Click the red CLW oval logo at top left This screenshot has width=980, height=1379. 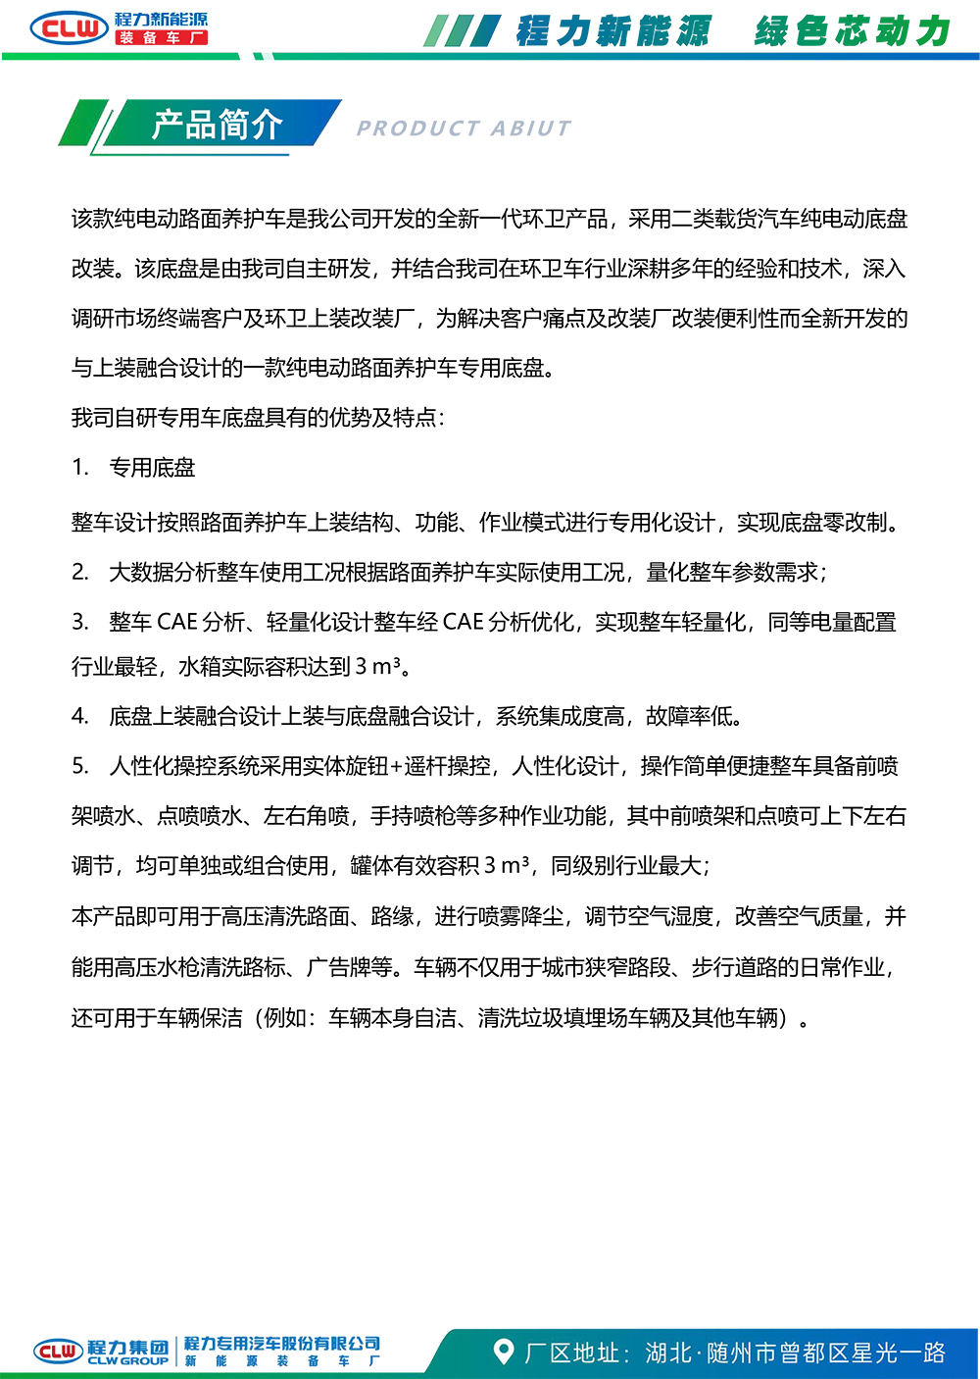click(x=69, y=27)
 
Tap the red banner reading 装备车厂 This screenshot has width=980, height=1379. click(x=162, y=37)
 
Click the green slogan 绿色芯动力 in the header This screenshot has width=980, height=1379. click(x=852, y=31)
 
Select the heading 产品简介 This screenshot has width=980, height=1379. click(x=217, y=125)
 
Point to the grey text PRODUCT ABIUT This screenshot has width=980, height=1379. click(x=464, y=128)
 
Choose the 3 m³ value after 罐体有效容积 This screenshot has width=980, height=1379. click(x=507, y=866)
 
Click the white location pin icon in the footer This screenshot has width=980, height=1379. click(x=504, y=1352)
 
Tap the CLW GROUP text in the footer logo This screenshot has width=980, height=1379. click(x=127, y=1361)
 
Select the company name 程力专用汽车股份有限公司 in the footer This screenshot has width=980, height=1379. click(x=282, y=1344)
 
